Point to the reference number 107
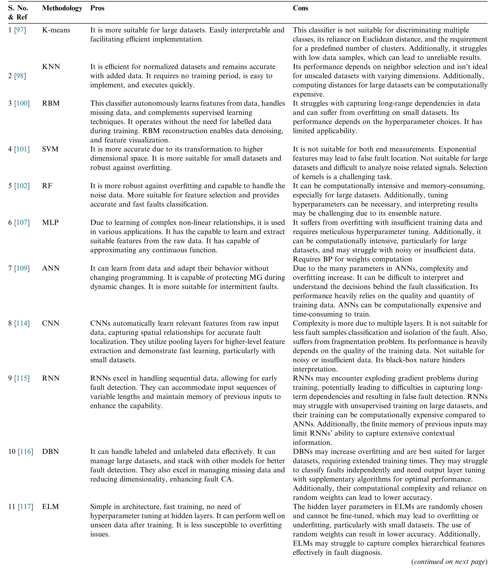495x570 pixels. (22, 223)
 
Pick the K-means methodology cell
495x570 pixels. (56, 30)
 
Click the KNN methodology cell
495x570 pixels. (51, 67)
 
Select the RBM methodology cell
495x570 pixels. (51, 103)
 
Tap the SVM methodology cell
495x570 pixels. (50, 149)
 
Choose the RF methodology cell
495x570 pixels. (47, 186)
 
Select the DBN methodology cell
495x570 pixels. (51, 452)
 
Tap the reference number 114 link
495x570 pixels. (22, 323)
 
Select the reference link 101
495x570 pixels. (22, 149)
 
